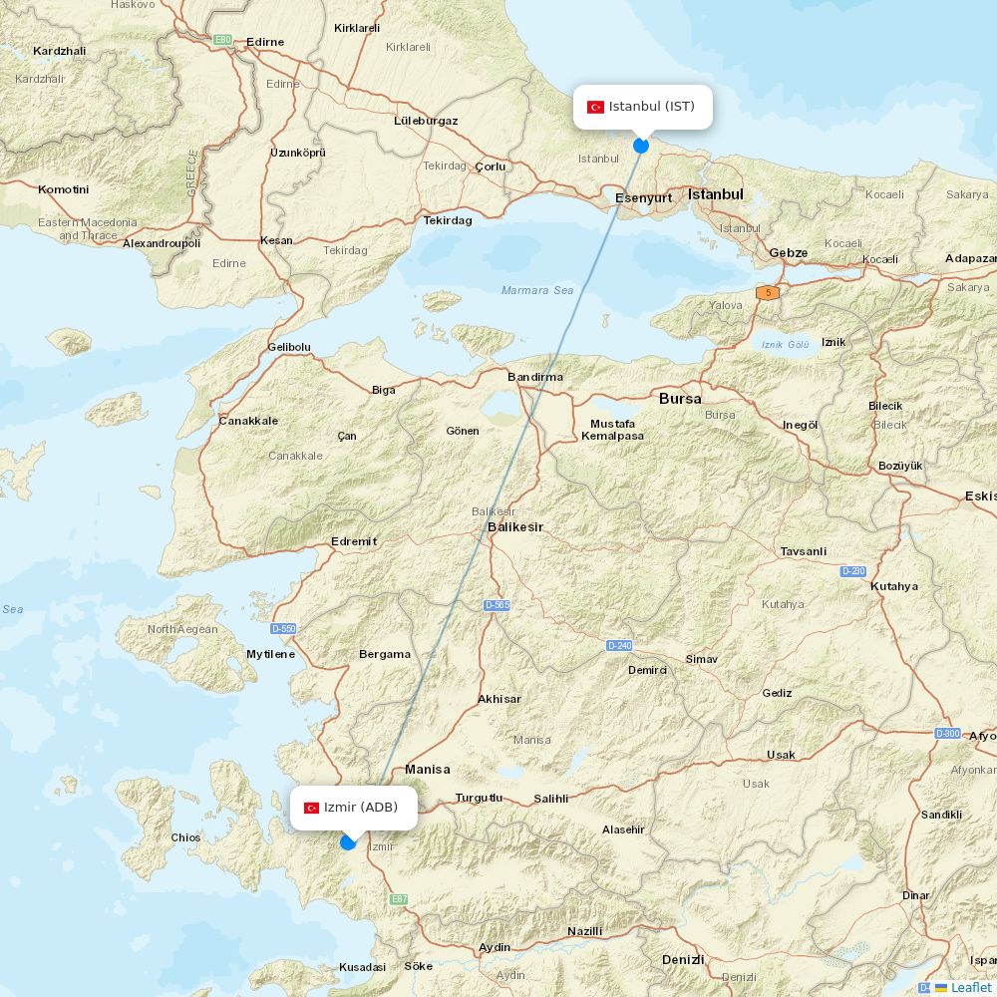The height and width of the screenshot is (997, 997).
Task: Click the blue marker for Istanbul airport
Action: pos(641,146)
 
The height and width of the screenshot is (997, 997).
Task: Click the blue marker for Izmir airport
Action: pos(348,842)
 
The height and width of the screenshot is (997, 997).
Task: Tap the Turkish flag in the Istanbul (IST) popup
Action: pos(595,107)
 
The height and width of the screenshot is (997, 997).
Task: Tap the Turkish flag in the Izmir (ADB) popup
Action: pos(311,808)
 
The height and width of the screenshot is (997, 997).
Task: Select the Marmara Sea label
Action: pos(537,290)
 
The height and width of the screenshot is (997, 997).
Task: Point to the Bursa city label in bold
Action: pos(680,398)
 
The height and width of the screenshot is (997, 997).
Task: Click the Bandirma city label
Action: pos(535,377)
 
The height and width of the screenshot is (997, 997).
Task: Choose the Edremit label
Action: pos(354,541)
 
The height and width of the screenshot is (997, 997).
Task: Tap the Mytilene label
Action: pos(270,654)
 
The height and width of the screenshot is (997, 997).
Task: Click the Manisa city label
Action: pos(427,769)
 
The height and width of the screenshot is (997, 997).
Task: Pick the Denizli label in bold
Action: pos(683,959)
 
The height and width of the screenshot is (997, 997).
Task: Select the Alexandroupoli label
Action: pos(162,243)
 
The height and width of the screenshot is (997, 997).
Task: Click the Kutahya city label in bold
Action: pos(894,586)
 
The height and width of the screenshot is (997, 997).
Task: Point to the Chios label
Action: pos(185,837)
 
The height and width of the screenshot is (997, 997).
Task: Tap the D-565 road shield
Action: pos(497,605)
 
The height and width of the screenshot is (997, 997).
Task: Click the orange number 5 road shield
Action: pos(767,292)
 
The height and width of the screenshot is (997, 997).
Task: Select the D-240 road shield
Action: pos(619,646)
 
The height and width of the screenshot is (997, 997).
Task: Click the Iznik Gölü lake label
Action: pos(785,344)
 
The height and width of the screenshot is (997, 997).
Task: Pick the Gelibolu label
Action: pos(289,347)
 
